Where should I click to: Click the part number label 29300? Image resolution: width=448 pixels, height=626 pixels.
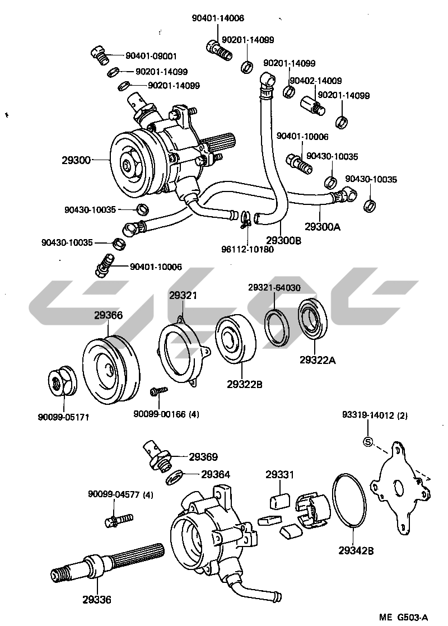click(x=76, y=161)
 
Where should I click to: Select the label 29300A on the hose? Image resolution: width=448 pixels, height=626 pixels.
click(x=323, y=227)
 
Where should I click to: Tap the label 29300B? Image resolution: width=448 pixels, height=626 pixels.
click(x=284, y=240)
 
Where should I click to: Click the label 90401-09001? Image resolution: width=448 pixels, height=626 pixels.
click(x=151, y=56)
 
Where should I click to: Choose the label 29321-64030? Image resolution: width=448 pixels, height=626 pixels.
click(x=274, y=288)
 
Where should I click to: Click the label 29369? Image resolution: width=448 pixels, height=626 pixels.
click(x=203, y=457)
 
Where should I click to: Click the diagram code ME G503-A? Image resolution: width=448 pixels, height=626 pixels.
click(x=403, y=617)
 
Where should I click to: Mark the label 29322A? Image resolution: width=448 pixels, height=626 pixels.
click(x=317, y=360)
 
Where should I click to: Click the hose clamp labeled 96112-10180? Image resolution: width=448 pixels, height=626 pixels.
click(x=246, y=218)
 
